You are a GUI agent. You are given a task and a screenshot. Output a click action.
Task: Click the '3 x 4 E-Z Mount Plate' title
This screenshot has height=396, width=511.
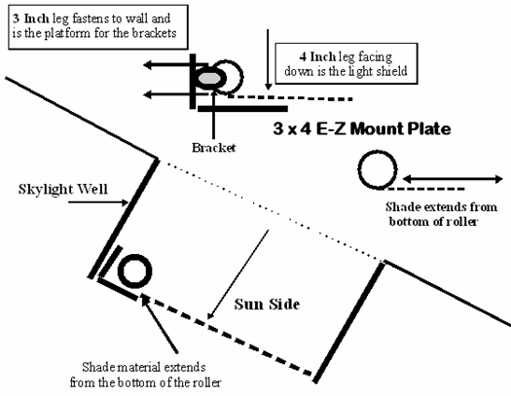tap(362, 128)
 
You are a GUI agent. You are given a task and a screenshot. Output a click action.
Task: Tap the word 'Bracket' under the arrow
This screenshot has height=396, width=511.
tap(213, 148)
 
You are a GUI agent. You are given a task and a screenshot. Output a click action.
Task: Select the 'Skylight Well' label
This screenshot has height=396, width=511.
tap(63, 189)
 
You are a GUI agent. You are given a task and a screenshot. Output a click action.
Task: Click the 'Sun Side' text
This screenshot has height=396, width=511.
tap(267, 305)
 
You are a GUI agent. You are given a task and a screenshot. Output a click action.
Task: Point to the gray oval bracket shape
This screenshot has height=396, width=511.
tap(210, 78)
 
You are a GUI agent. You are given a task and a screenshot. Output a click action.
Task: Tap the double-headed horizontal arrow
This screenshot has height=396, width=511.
tap(453, 179)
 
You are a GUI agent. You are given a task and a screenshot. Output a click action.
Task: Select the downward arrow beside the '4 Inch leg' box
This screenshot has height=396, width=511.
tap(268, 59)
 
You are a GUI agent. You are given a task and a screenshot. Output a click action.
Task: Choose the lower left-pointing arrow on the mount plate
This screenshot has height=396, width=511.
tap(175, 94)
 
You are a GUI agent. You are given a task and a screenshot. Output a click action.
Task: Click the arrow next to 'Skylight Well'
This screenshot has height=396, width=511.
tap(98, 202)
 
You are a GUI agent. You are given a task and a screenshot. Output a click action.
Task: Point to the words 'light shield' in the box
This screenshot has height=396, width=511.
tap(379, 71)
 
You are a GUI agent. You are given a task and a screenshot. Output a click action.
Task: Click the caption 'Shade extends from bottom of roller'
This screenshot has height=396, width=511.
tap(440, 214)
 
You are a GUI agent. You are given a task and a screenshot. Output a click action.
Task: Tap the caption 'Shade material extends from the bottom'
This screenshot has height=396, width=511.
tap(145, 375)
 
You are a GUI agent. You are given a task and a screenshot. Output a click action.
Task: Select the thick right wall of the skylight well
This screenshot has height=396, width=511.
tap(349, 322)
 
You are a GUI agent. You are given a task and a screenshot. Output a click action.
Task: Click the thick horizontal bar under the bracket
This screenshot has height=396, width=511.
tap(242, 108)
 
